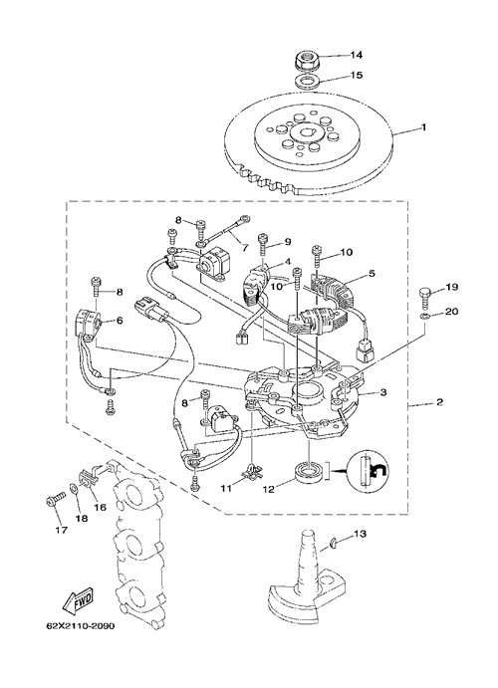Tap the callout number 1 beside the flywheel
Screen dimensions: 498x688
(x=423, y=127)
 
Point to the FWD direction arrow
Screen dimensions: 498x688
(x=79, y=600)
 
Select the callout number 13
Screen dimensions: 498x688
(x=360, y=534)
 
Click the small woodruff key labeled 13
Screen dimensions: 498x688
(x=334, y=544)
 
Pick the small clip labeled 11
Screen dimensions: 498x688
(x=253, y=471)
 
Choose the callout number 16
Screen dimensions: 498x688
(x=100, y=508)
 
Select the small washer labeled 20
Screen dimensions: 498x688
(x=424, y=317)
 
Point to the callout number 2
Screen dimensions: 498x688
(x=439, y=402)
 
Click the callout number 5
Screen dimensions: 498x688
(x=372, y=274)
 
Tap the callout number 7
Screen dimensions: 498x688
(x=244, y=248)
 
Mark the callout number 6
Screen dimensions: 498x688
(x=120, y=321)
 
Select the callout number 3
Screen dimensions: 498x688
(x=383, y=392)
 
